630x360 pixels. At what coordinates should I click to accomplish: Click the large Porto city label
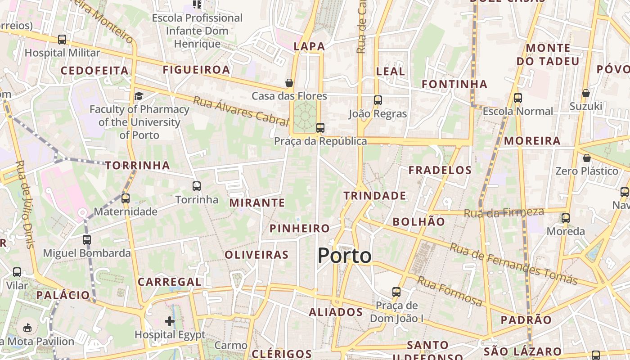click(345, 256)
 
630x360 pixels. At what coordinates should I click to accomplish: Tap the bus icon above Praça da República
click(320, 128)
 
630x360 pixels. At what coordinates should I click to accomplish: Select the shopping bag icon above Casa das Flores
click(289, 83)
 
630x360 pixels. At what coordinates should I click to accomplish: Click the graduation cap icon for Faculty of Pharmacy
click(139, 96)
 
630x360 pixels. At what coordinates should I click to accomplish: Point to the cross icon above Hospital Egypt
click(170, 321)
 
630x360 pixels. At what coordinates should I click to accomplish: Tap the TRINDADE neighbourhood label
click(375, 196)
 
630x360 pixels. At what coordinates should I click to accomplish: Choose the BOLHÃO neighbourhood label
click(418, 221)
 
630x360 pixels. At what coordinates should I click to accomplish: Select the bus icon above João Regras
click(378, 100)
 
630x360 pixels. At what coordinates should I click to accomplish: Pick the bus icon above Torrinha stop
click(196, 186)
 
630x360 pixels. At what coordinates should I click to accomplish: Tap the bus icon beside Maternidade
click(125, 198)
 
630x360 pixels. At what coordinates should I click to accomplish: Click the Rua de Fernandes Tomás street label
click(513, 264)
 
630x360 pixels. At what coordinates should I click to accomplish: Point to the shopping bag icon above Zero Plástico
click(586, 158)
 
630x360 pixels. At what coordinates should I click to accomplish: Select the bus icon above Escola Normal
click(518, 98)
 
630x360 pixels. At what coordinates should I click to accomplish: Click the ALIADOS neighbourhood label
click(336, 312)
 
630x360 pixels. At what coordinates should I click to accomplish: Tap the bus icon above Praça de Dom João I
click(396, 292)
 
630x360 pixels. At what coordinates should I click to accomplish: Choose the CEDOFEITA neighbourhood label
click(94, 71)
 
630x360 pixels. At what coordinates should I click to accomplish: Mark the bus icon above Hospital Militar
click(62, 40)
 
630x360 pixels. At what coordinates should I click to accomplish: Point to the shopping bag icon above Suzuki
click(585, 93)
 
